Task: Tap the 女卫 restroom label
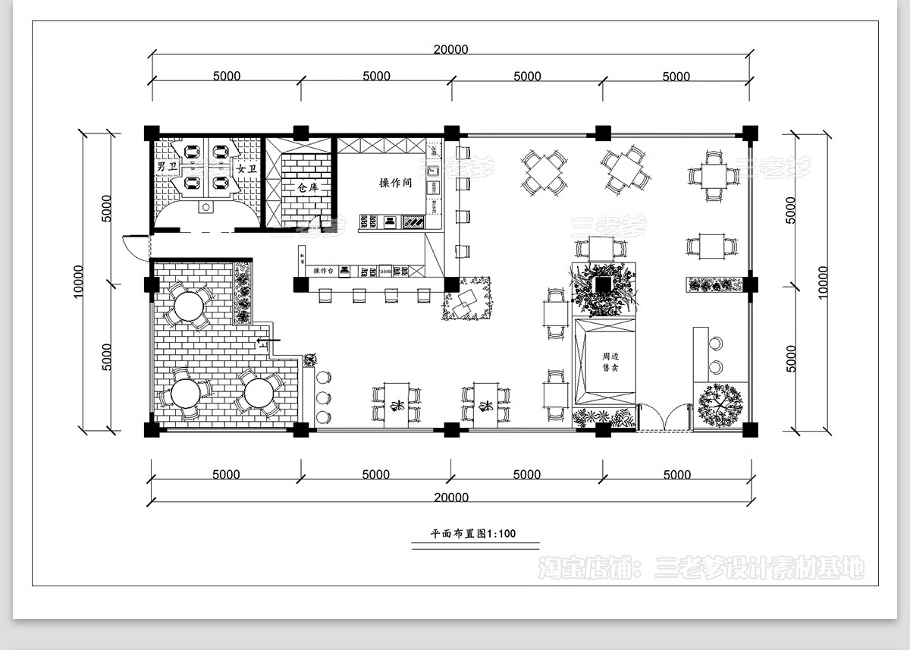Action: pyautogui.click(x=246, y=168)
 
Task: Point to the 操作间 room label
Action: pyautogui.click(x=396, y=183)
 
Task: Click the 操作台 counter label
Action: pyautogui.click(x=324, y=271)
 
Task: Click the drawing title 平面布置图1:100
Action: pyautogui.click(x=473, y=533)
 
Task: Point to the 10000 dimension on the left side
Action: pyautogui.click(x=79, y=281)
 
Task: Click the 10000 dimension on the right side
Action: pyautogui.click(x=824, y=281)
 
